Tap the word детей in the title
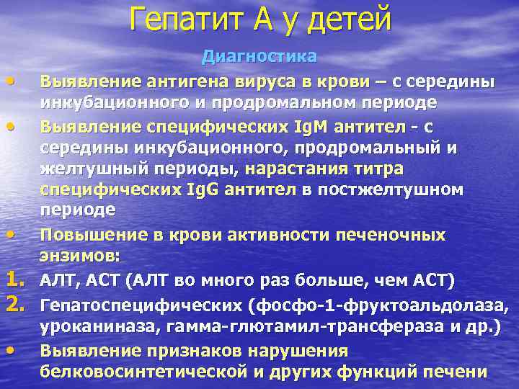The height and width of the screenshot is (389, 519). click(x=348, y=18)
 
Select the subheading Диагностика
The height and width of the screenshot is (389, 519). click(x=259, y=55)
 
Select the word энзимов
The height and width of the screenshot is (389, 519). click(x=84, y=256)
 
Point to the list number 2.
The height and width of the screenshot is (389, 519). click(x=20, y=304)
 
